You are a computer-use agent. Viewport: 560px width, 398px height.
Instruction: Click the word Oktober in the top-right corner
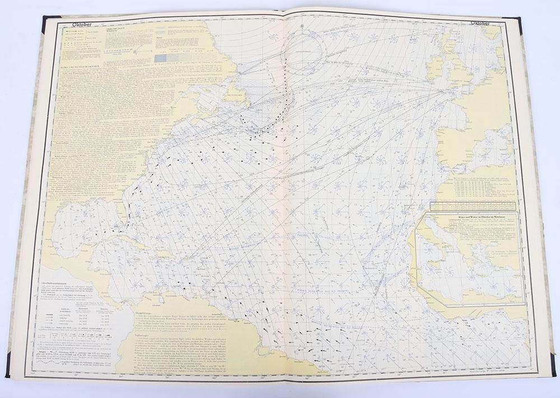click(x=480, y=25)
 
